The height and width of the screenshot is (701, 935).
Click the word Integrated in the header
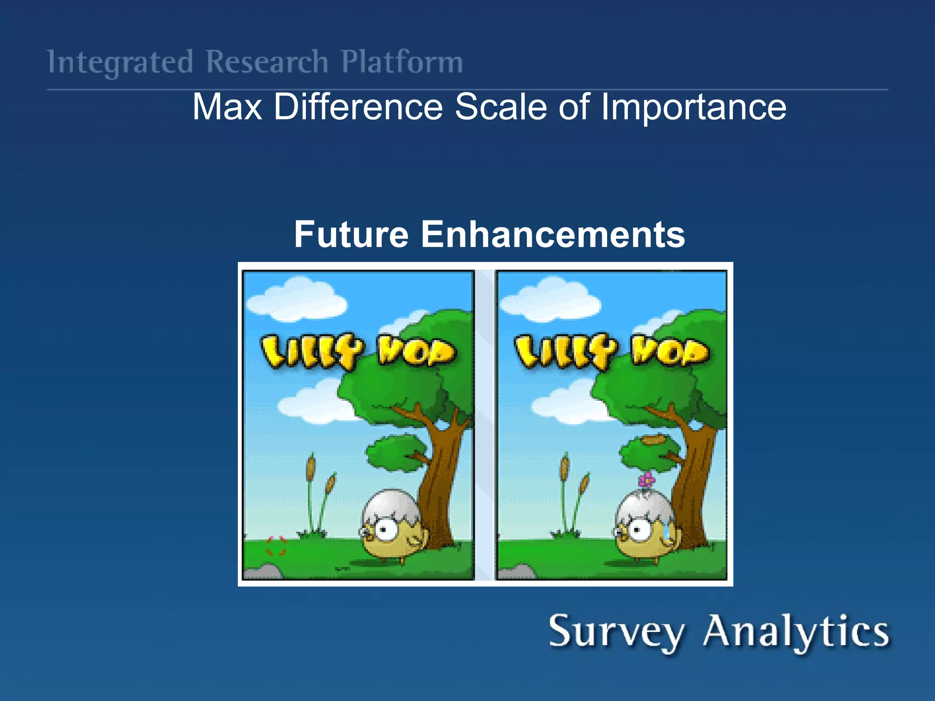click(120, 62)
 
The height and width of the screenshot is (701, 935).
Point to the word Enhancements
click(552, 234)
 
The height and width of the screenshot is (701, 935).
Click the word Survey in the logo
click(616, 632)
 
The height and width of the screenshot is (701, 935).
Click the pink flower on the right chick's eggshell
click(646, 480)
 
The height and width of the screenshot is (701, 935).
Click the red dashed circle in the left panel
click(276, 546)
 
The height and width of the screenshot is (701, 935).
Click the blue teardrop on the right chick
click(667, 532)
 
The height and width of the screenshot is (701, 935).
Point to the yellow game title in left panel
click(358, 351)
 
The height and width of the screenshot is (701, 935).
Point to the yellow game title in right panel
click(612, 351)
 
